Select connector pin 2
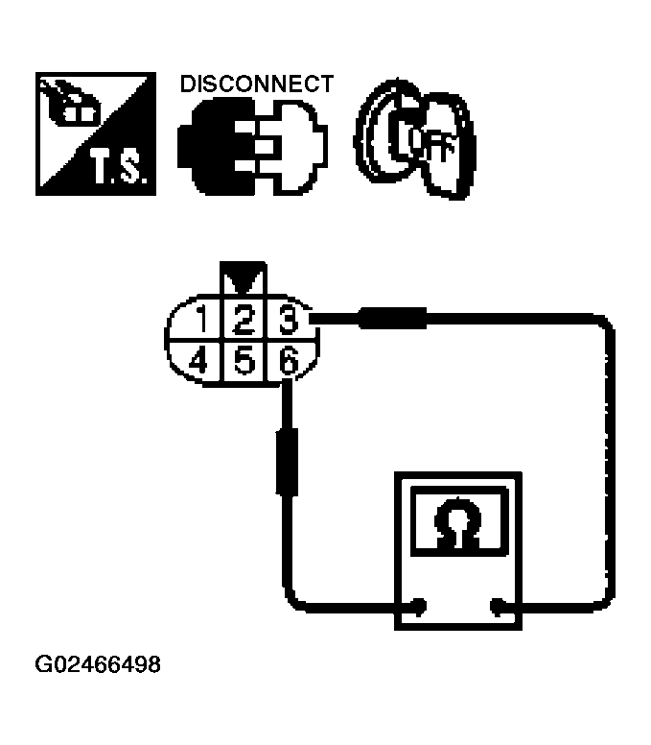244,318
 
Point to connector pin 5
244,362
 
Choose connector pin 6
287,362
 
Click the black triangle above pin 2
243,279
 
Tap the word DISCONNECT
257,84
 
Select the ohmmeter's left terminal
418,606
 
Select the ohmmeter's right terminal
497,606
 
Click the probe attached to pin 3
391,318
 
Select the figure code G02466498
98,664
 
